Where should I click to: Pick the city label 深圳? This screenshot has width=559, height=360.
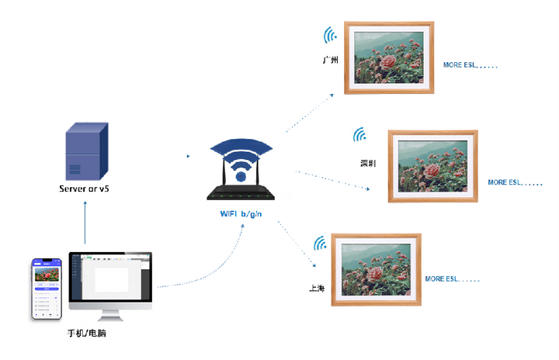pyautogui.click(x=368, y=164)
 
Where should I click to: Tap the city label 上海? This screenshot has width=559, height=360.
pyautogui.click(x=317, y=289)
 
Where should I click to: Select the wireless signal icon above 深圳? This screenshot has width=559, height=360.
pyautogui.click(x=360, y=135)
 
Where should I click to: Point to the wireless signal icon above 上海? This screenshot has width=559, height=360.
pyautogui.click(x=319, y=244)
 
